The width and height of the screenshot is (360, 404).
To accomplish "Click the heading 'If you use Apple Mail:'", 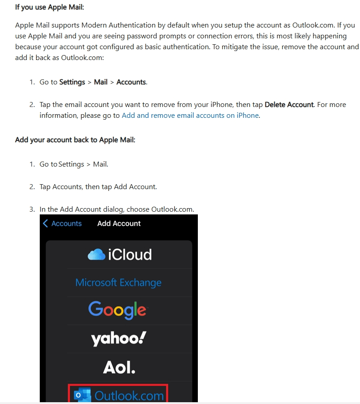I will [x=49, y=7].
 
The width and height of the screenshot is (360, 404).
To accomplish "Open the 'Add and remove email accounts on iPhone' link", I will [x=190, y=115].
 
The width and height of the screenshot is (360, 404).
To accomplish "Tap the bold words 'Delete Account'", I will [x=289, y=104].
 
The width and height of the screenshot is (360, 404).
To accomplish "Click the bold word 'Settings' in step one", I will [x=72, y=82].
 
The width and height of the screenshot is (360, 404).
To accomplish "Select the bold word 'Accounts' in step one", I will [x=131, y=82].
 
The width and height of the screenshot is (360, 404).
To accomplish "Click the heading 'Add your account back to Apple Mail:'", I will [x=75, y=139].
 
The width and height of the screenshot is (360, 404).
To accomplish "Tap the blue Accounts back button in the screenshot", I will [x=66, y=223].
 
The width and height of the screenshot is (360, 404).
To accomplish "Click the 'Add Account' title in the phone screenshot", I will [x=119, y=223].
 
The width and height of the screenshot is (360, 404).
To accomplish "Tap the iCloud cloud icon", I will [x=96, y=255].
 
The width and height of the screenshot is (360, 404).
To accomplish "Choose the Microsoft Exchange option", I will [x=118, y=283].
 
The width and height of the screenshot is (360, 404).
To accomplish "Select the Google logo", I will [x=117, y=310].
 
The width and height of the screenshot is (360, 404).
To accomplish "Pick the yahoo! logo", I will [x=118, y=338].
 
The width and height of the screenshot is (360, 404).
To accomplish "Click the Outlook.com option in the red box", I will [x=128, y=396].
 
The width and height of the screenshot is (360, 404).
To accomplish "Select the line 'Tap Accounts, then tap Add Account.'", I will [x=98, y=186].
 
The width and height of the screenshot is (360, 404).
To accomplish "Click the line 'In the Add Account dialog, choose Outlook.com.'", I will [x=117, y=209].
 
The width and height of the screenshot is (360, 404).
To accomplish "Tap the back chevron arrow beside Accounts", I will [x=45, y=223].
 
